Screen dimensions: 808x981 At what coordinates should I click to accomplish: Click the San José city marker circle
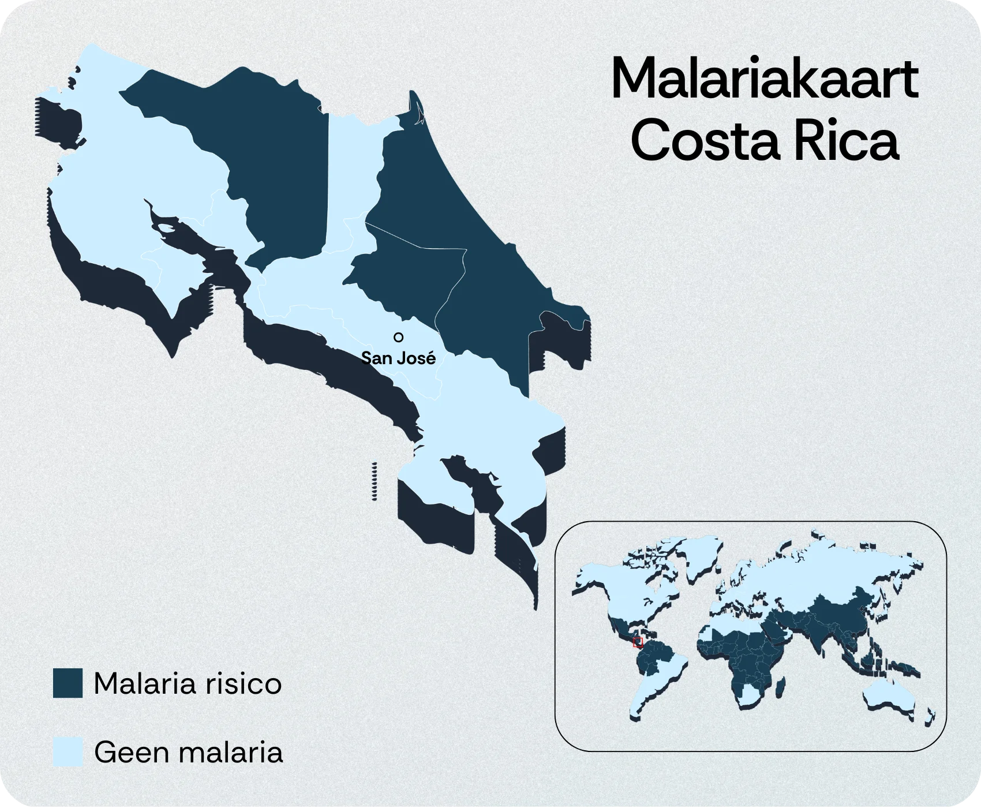click(x=398, y=337)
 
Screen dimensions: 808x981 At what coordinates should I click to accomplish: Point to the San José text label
click(x=398, y=358)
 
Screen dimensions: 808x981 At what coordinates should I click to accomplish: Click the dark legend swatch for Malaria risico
click(x=68, y=683)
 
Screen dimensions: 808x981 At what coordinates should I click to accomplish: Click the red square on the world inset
click(x=638, y=642)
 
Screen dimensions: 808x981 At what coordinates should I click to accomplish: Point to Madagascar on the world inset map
click(x=780, y=687)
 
